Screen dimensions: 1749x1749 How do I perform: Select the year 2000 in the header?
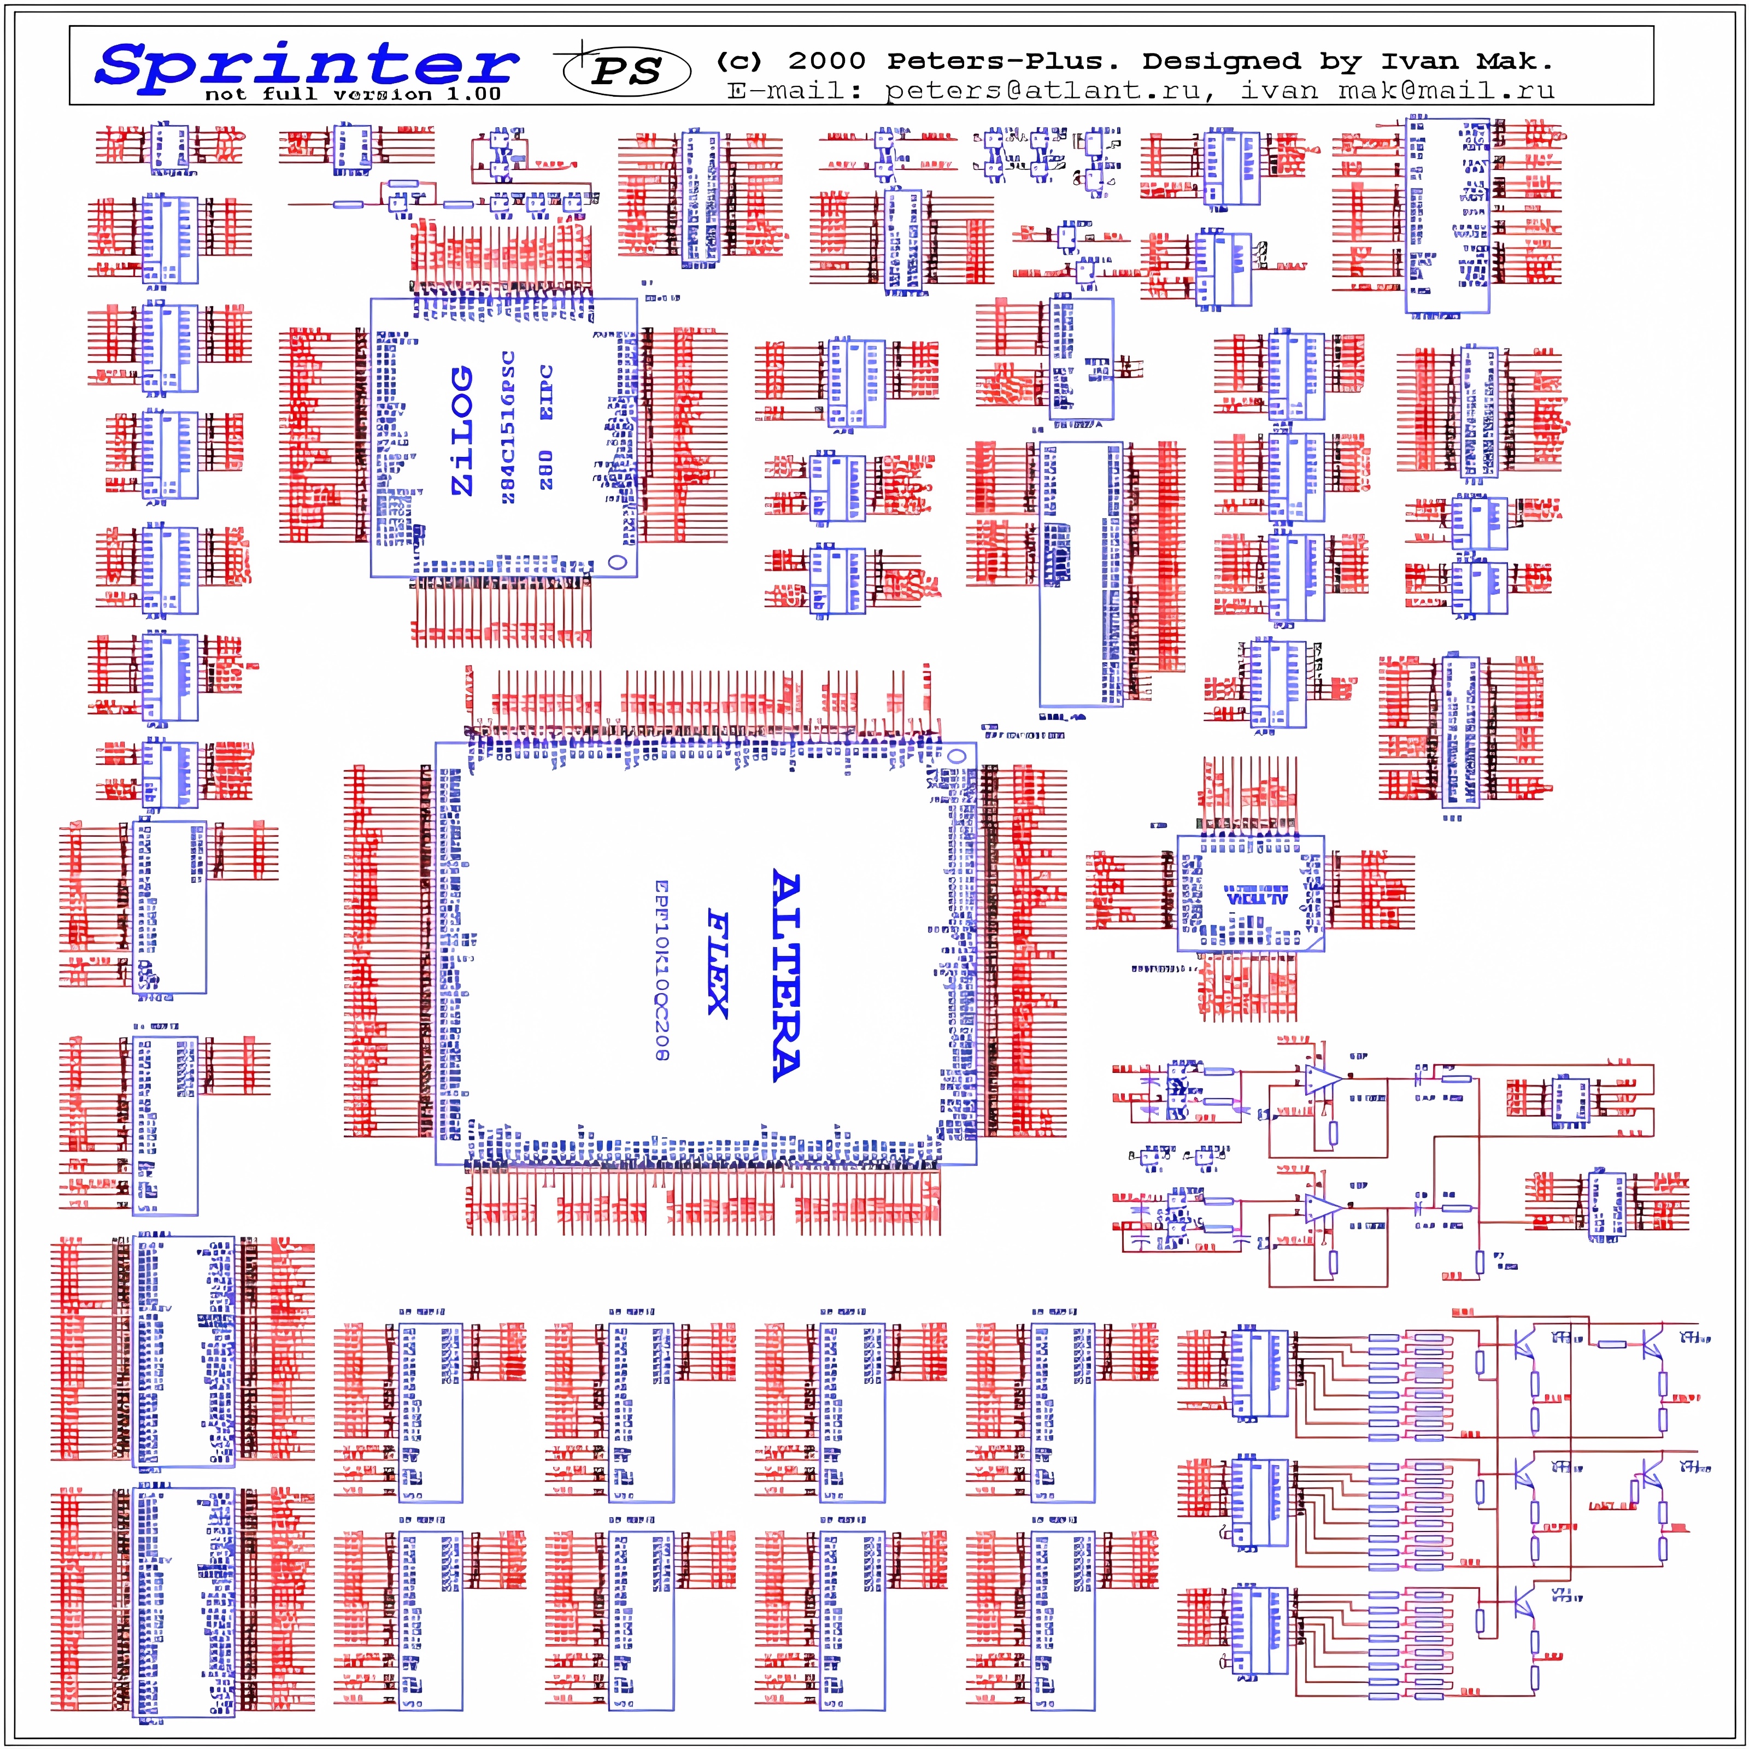[826, 62]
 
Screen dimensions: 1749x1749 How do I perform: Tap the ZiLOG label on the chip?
[462, 430]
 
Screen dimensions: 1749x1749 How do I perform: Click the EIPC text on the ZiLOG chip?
[547, 392]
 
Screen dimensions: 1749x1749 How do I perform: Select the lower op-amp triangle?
[1322, 1207]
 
